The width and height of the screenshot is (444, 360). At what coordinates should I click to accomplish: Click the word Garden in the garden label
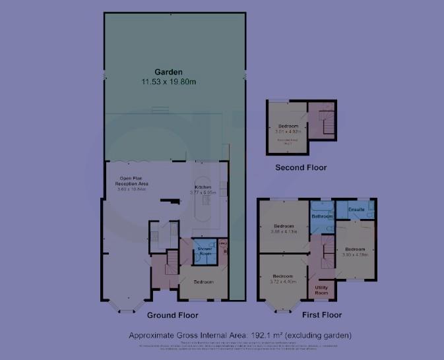tap(168, 72)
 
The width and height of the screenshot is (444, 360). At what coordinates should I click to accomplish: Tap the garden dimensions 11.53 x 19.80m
tap(168, 81)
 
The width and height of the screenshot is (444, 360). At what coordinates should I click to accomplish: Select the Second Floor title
tap(301, 167)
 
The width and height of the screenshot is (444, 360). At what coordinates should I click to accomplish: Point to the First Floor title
tap(322, 315)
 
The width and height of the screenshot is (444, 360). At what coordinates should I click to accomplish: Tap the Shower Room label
tap(205, 251)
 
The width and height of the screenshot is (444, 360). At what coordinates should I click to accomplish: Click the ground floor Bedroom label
tap(203, 282)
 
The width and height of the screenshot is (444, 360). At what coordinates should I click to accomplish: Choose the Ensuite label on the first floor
tap(356, 210)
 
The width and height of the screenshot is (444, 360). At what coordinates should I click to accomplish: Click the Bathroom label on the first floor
tap(322, 216)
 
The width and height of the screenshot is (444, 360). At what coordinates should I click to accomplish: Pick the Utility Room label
tap(322, 289)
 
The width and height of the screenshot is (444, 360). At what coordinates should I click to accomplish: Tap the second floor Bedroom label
tap(288, 126)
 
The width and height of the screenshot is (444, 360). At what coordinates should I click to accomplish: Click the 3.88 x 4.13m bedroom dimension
tap(284, 232)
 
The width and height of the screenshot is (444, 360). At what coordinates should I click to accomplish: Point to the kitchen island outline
tap(203, 201)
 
